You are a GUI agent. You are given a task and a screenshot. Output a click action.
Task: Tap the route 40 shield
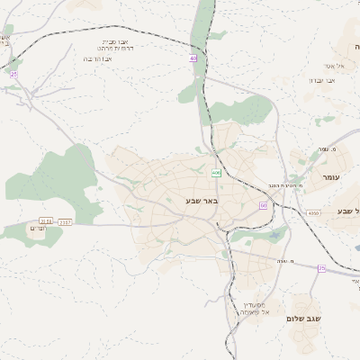[193, 58]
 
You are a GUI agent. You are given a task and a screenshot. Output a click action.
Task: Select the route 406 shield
[216, 173]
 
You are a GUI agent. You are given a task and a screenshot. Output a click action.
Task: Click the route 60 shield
[263, 205]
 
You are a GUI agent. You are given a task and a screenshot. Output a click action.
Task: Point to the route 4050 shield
[313, 212]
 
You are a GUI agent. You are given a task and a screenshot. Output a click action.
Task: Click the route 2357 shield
[66, 220]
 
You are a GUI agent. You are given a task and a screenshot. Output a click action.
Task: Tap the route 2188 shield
[46, 220]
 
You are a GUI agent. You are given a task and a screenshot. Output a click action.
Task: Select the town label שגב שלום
[308, 319]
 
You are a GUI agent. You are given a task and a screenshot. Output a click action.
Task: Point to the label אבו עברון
[322, 80]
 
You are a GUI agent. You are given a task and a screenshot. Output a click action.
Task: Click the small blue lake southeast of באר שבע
[273, 236]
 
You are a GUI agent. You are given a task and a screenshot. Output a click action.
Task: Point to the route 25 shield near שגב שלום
[321, 267]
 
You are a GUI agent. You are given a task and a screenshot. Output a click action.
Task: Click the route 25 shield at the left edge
[13, 75]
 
